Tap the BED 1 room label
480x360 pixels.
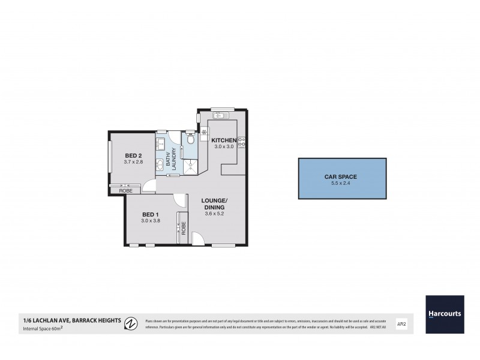[151, 214]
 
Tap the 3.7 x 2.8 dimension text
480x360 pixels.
[134, 161]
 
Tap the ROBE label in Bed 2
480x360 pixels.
[126, 190]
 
